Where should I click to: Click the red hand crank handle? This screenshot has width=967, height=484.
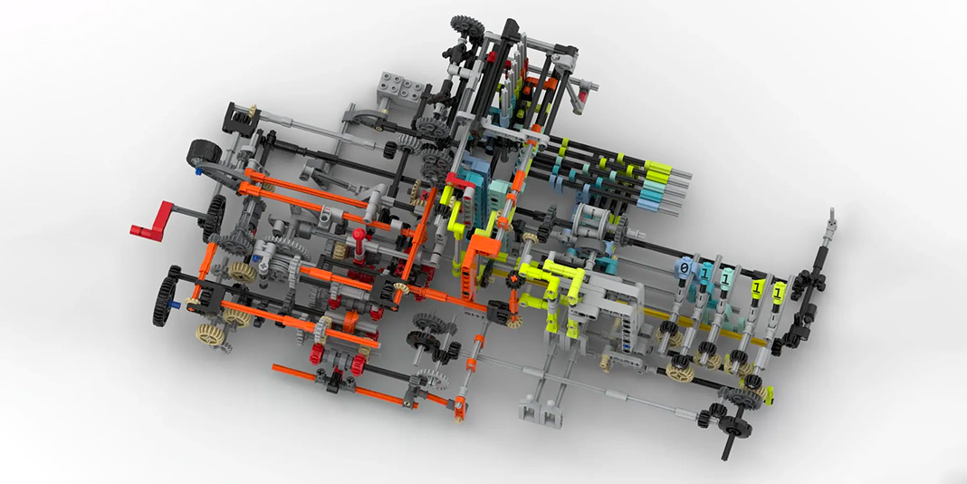(x=152, y=221)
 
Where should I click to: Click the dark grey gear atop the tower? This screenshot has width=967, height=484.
(x=467, y=26)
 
